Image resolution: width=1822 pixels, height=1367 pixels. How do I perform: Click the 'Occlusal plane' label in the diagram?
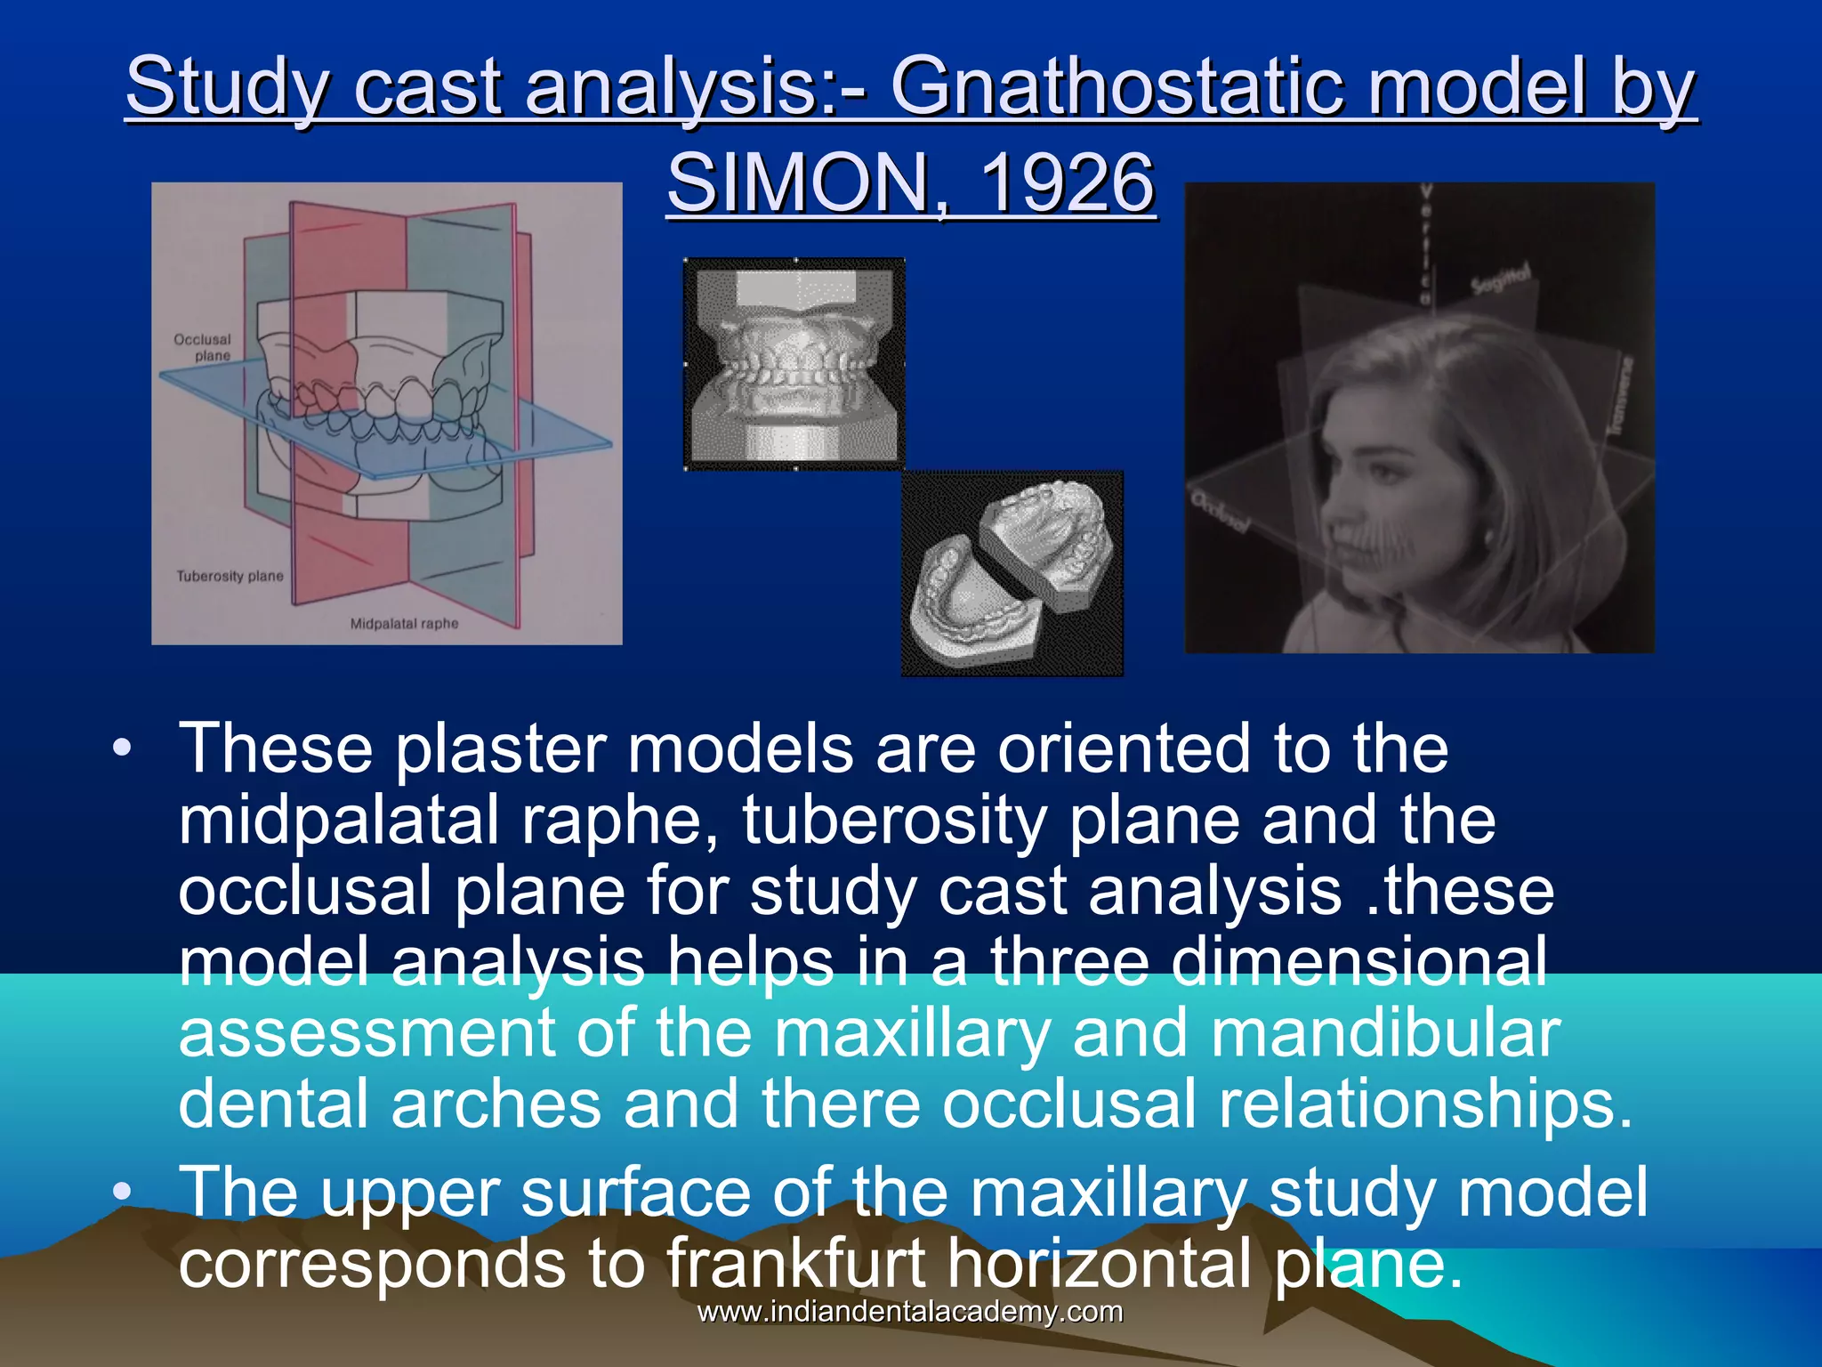click(203, 347)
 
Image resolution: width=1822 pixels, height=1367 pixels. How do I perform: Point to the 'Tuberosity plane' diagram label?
click(230, 576)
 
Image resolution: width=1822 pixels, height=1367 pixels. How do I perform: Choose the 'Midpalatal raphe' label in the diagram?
click(404, 624)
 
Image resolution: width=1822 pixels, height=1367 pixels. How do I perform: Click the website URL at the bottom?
click(910, 1311)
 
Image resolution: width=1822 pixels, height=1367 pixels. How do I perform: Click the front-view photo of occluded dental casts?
click(794, 364)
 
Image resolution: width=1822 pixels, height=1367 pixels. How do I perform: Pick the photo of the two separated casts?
click(1012, 574)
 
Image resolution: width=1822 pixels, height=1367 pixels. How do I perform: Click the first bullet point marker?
click(122, 748)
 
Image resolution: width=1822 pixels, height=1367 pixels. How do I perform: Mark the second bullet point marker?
click(122, 1191)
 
